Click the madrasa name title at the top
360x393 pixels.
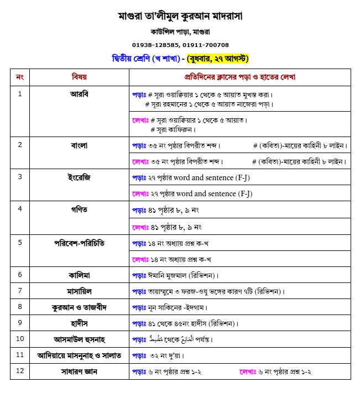180,16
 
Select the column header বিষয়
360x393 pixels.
79,76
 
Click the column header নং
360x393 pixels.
20,76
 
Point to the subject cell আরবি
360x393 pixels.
79,93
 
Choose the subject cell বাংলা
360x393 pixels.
79,145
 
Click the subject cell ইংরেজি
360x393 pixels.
79,177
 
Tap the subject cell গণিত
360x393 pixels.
79,209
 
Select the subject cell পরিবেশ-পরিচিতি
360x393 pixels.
79,242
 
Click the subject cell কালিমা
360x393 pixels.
79,275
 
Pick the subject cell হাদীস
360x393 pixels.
79,323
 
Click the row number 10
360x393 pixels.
20,339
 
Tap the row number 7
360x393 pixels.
20,291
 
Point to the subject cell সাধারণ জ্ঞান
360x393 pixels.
79,371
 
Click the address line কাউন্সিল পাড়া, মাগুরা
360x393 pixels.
180,33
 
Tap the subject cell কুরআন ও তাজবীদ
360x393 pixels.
79,307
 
